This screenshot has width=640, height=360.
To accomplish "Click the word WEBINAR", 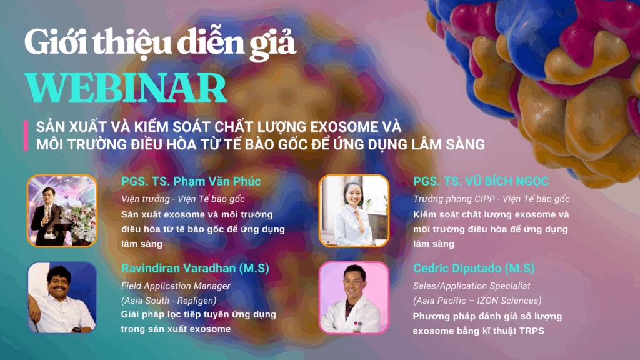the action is tap(126, 87).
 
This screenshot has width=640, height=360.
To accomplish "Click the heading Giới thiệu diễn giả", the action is tap(160, 42).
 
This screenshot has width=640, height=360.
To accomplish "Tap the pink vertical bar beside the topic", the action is tap(26, 136).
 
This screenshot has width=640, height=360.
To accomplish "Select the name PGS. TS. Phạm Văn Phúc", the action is tap(191, 182).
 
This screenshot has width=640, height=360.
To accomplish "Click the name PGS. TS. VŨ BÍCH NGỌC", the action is tap(481, 182).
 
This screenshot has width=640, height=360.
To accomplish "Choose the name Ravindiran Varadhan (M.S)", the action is tap(195, 268).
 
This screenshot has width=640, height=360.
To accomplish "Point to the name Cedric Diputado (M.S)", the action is tap(474, 268).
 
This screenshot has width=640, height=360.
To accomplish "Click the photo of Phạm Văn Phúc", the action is tap(62, 211).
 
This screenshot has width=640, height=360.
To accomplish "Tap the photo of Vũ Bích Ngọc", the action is tap(354, 211).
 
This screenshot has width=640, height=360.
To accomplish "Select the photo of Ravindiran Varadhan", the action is tap(62, 297).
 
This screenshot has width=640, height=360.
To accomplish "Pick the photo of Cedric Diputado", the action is tap(354, 297).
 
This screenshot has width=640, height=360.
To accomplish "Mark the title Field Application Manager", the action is tap(176, 286).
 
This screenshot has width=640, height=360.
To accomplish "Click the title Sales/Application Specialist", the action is tap(472, 286).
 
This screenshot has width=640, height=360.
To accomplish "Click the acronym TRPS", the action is tap(532, 331).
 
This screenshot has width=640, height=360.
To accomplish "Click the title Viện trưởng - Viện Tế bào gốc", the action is tap(183, 199).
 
